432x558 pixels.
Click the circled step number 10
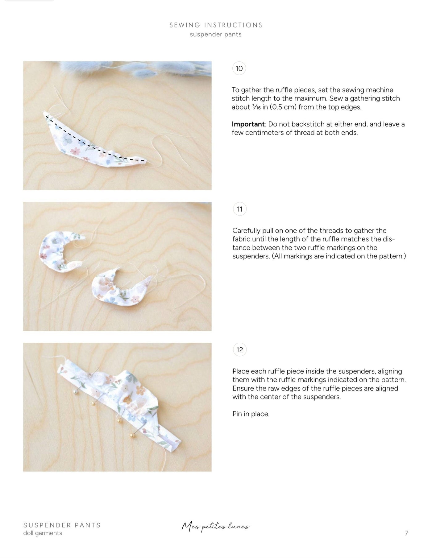coord(239,68)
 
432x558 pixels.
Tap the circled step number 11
coord(240,209)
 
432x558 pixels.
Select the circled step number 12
coord(240,350)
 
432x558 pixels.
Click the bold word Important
coord(248,124)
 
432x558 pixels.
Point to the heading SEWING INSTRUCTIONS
coord(216,25)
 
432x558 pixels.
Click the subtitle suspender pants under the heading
coord(216,35)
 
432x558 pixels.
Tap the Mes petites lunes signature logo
coord(215,527)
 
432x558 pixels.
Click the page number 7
coord(406,533)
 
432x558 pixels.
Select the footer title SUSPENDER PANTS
coord(62,525)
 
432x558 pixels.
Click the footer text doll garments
coord(43,533)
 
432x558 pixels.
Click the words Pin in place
coord(251,414)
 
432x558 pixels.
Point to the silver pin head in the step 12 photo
coord(75,391)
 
